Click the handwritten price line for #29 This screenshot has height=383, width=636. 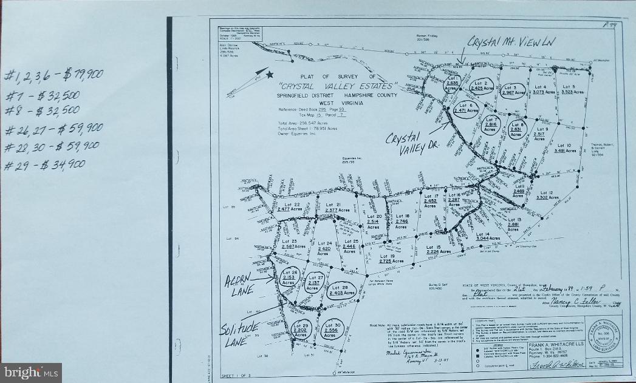pos(45,164)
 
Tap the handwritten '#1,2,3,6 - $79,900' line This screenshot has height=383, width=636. pos(53,75)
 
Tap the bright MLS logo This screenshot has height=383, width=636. pos(31,372)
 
